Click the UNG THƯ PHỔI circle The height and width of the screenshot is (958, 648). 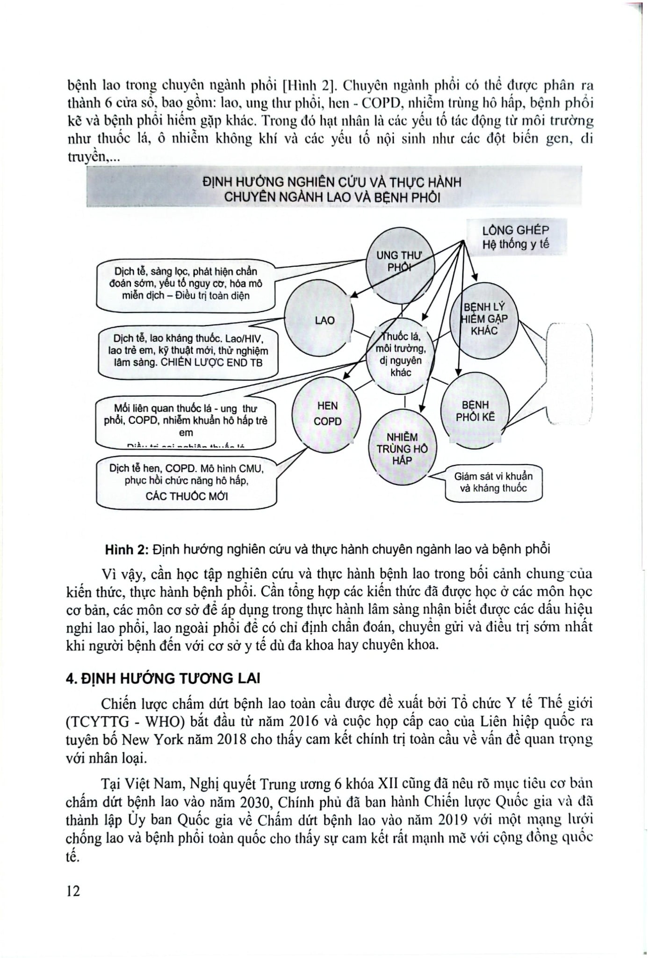400,262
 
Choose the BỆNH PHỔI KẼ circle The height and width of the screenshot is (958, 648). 475,411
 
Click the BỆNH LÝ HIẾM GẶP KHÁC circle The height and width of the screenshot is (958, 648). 484,320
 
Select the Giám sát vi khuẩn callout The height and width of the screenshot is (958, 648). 493,483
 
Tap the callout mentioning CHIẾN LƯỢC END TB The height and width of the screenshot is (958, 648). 187,351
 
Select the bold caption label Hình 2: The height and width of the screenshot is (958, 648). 126,549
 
